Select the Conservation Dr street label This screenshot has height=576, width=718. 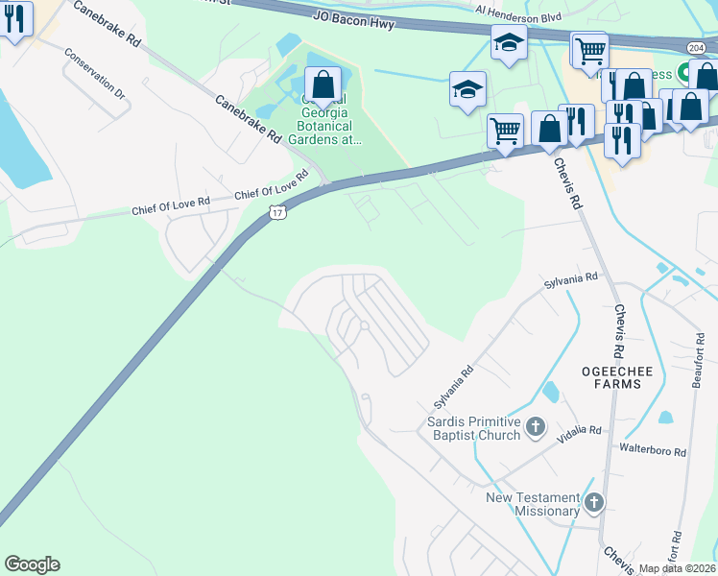tap(94, 74)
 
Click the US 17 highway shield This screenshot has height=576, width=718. tap(277, 212)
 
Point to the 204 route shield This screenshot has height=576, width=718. tap(698, 47)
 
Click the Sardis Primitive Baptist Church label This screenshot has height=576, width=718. tap(474, 428)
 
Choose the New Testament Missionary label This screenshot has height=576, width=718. tap(533, 504)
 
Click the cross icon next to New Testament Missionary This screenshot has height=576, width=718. tap(594, 501)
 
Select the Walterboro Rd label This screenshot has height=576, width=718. tap(653, 450)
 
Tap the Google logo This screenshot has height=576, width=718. tap(32, 564)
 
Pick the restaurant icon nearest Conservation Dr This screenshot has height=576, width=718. tap(16, 20)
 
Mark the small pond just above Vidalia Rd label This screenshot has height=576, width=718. tap(551, 392)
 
